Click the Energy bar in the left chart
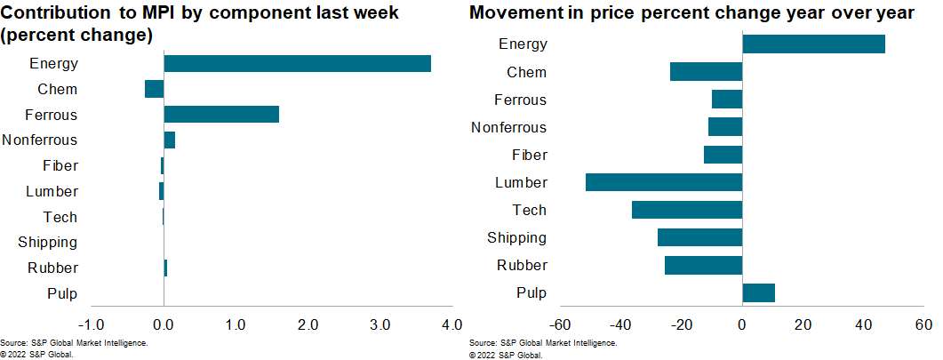[x=297, y=63]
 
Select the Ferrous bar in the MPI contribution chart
[x=221, y=115]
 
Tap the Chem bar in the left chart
[x=155, y=89]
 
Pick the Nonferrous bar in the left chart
[x=170, y=140]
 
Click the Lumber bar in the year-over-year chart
[x=664, y=182]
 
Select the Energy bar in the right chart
[x=813, y=44]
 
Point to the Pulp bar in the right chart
[x=758, y=292]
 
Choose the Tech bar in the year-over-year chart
[x=687, y=210]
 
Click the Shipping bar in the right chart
[x=699, y=237]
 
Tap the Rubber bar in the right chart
[x=703, y=265]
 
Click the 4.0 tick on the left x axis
[x=452, y=324]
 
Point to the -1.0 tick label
[x=91, y=324]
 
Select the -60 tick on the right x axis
[x=560, y=324]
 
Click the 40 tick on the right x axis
[x=863, y=324]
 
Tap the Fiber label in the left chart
[x=60, y=165]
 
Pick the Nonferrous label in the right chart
[x=508, y=127]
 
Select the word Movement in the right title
[x=513, y=14]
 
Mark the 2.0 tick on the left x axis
[x=308, y=324]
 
